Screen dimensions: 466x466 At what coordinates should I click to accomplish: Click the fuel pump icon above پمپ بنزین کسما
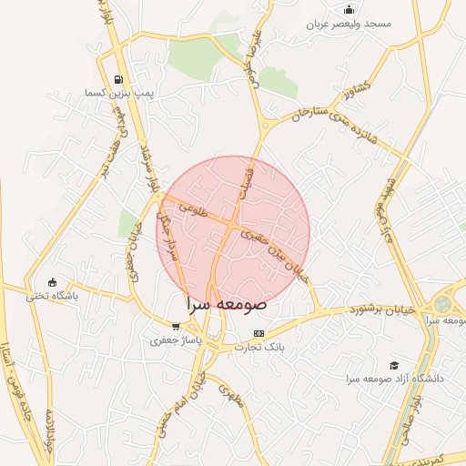coord(118,78)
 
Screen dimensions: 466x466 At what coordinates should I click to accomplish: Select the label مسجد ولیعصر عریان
coord(349,24)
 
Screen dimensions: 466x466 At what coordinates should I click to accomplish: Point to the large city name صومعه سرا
coord(224,304)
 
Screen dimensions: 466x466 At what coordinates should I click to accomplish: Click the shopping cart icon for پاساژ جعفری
coord(176,326)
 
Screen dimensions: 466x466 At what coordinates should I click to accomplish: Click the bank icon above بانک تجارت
coord(259,333)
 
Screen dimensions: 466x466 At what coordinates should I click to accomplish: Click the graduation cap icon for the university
coord(394,364)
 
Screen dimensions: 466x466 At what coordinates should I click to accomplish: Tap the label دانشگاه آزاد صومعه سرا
coord(394,378)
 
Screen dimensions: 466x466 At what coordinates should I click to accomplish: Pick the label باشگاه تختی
coord(52,296)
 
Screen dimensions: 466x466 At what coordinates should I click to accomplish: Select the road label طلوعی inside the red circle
coord(194,208)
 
